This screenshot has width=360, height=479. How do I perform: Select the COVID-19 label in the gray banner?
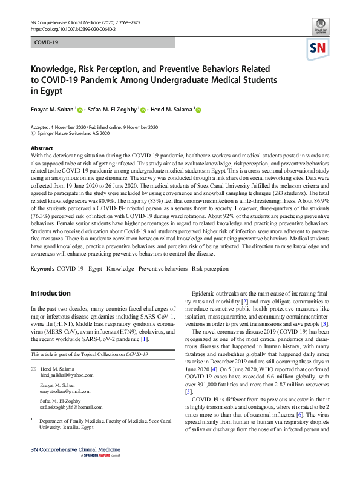point(47,42)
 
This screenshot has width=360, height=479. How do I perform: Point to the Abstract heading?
point(42,148)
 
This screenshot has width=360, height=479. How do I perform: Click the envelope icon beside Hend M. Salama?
point(33,368)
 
